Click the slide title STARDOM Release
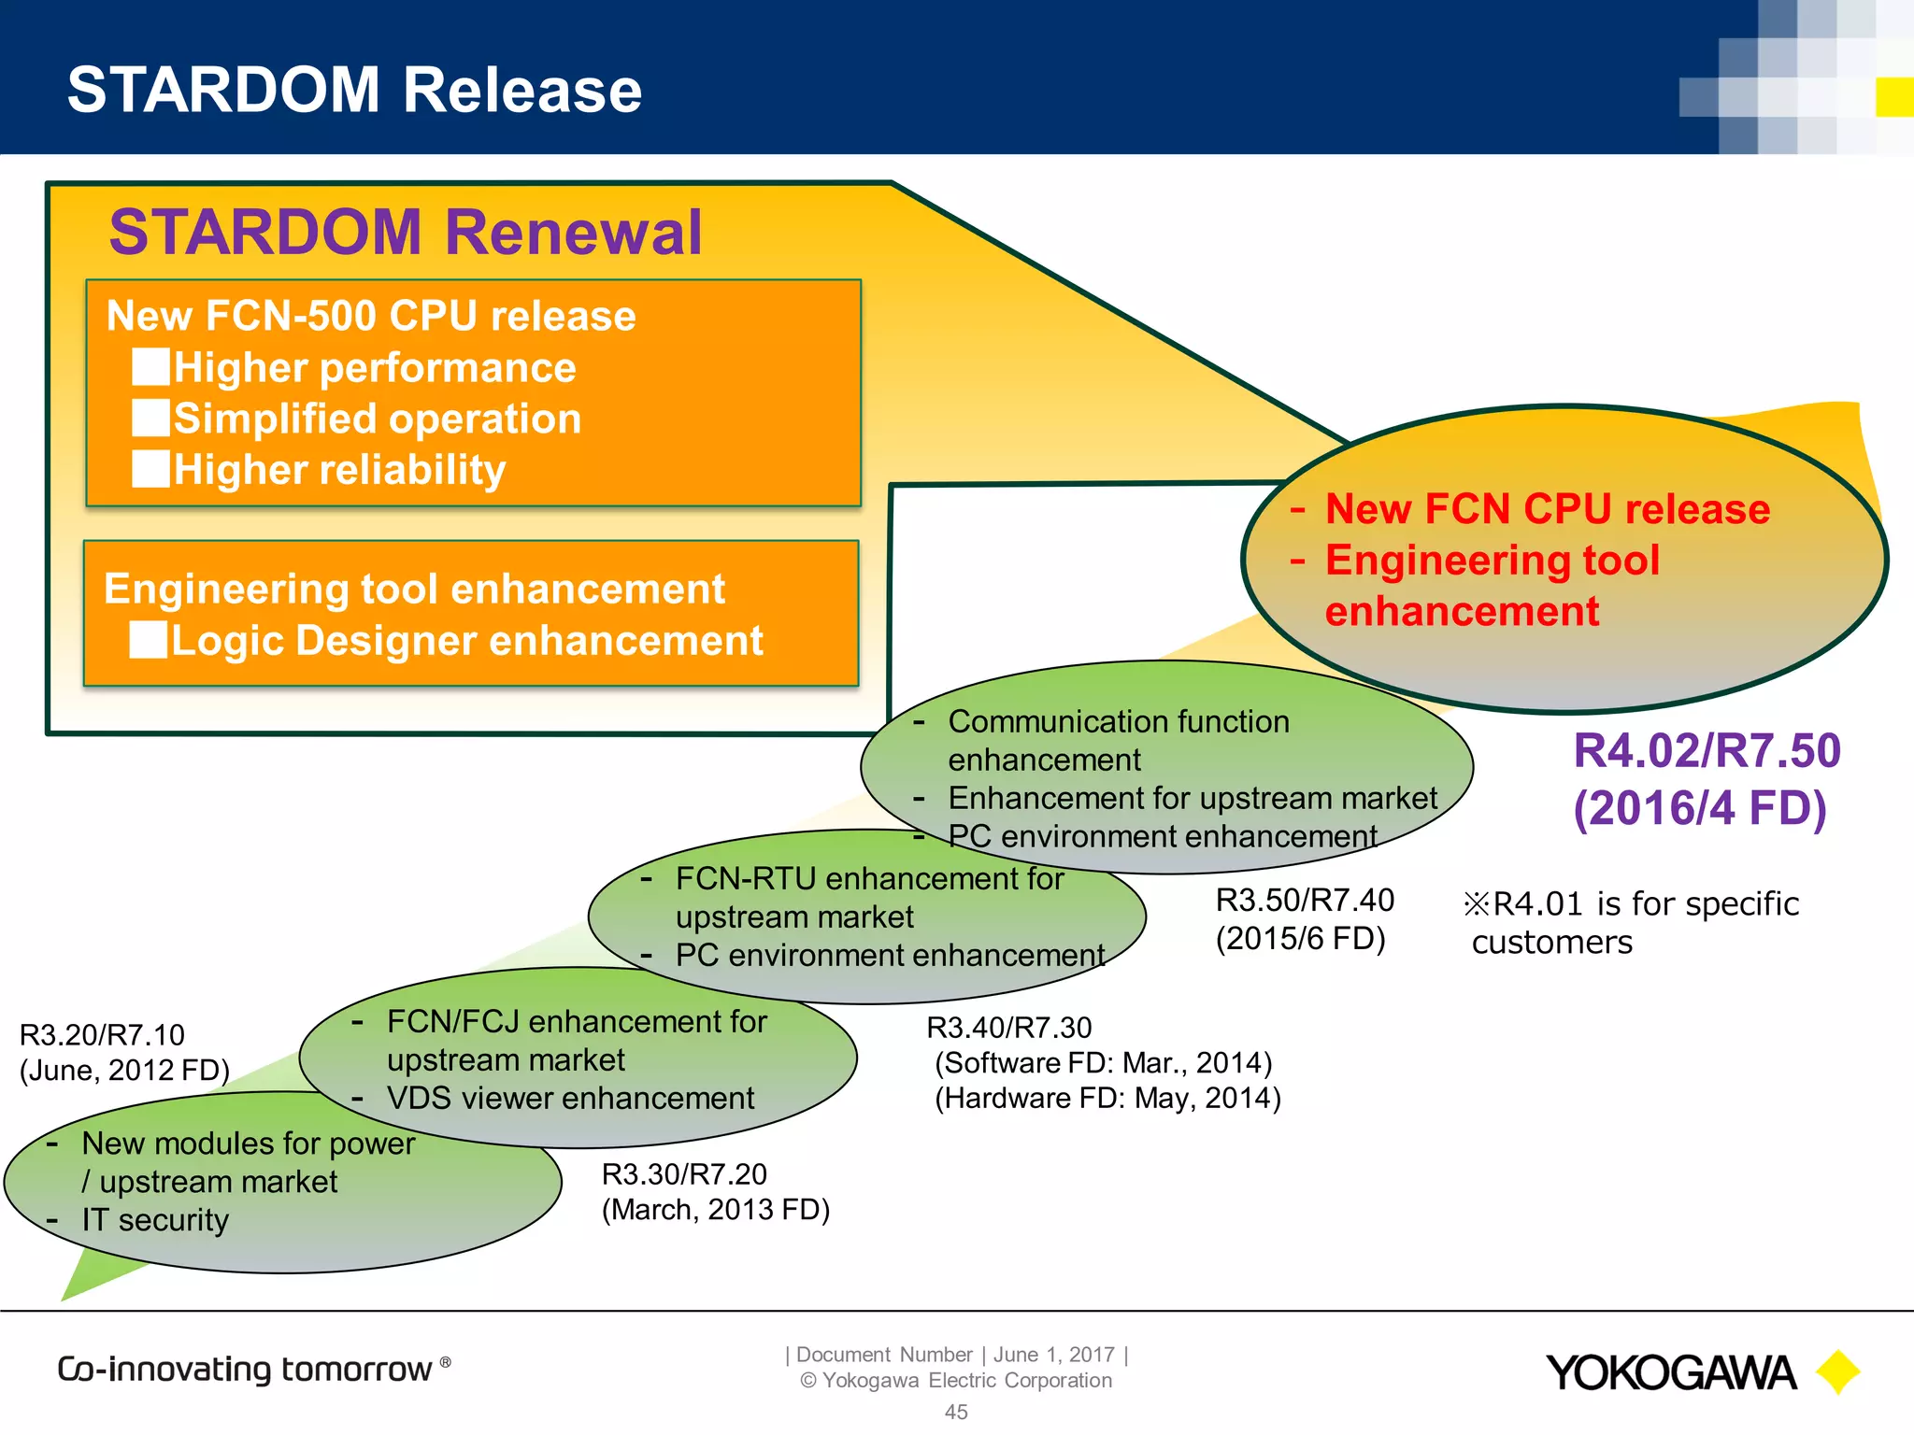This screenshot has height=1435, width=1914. click(x=354, y=91)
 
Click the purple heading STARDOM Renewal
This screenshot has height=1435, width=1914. click(x=405, y=233)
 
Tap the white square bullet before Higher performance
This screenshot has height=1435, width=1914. click(x=150, y=367)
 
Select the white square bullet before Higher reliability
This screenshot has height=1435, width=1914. click(x=150, y=469)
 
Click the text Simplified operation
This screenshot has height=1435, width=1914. click(x=378, y=419)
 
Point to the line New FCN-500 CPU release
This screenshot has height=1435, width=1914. click(x=371, y=316)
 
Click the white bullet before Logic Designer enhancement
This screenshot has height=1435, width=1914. click(x=148, y=640)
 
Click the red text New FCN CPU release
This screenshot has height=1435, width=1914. click(x=1547, y=509)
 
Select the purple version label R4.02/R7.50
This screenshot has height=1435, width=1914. click(x=1707, y=751)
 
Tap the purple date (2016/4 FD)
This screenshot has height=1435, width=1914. click(x=1699, y=808)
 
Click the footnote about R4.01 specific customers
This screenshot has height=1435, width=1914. click(x=1631, y=922)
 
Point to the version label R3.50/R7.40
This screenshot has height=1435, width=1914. click(x=1304, y=900)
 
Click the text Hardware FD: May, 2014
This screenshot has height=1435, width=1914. click(x=1107, y=1098)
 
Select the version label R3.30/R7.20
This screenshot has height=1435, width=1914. click(x=684, y=1174)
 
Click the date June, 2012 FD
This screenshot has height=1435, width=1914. click(x=124, y=1071)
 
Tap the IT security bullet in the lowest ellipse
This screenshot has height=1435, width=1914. click(x=155, y=1220)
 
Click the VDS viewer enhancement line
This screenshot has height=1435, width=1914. click(x=570, y=1099)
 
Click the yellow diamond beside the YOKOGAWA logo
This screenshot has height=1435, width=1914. click(x=1837, y=1371)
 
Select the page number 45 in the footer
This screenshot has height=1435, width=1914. click(x=956, y=1412)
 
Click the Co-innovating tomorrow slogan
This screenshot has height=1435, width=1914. click(x=245, y=1370)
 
